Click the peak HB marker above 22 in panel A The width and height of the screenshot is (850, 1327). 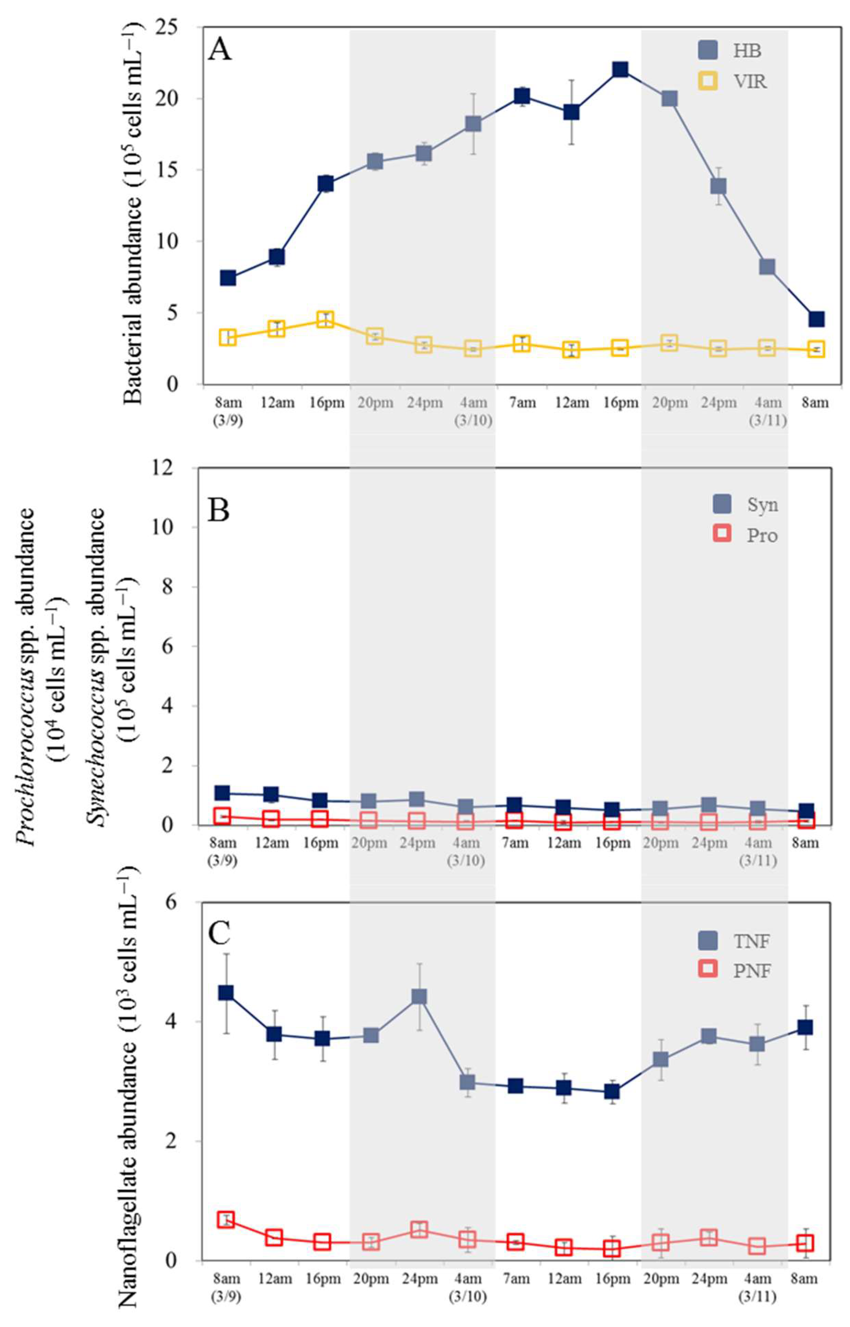pos(620,70)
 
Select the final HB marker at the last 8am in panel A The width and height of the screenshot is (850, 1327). pos(816,319)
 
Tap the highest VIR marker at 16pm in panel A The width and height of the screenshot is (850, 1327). pos(325,320)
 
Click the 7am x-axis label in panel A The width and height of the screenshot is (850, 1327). pos(522,403)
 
